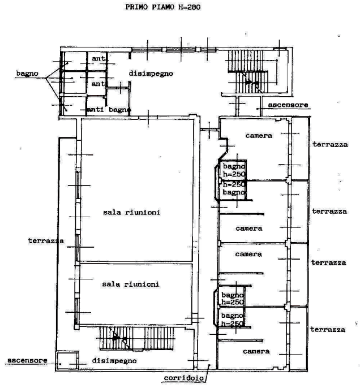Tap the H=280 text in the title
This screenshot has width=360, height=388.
tap(190, 7)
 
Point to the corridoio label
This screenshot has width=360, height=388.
tap(184, 378)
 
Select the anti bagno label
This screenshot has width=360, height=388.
tap(109, 110)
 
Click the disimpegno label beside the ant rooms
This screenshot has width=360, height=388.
tap(151, 74)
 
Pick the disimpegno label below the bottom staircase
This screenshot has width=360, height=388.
tap(114, 361)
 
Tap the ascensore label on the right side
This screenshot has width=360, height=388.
tap(288, 105)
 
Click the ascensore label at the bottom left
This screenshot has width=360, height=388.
tap(27, 360)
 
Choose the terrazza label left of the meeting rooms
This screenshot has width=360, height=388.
tap(46, 241)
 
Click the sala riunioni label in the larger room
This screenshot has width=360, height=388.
tap(131, 212)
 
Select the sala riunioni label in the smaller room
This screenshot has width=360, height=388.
tap(131, 284)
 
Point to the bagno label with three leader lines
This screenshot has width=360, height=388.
tap(27, 74)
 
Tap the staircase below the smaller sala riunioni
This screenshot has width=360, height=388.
tap(136, 338)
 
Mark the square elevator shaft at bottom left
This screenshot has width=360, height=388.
tap(67, 360)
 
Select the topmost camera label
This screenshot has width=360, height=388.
tap(259, 136)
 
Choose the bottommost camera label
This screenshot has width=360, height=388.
tap(256, 351)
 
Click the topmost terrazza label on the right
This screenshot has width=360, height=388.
tap(330, 145)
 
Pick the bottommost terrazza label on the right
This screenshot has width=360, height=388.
tap(328, 330)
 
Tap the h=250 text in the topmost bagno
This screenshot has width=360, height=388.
tap(234, 174)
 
